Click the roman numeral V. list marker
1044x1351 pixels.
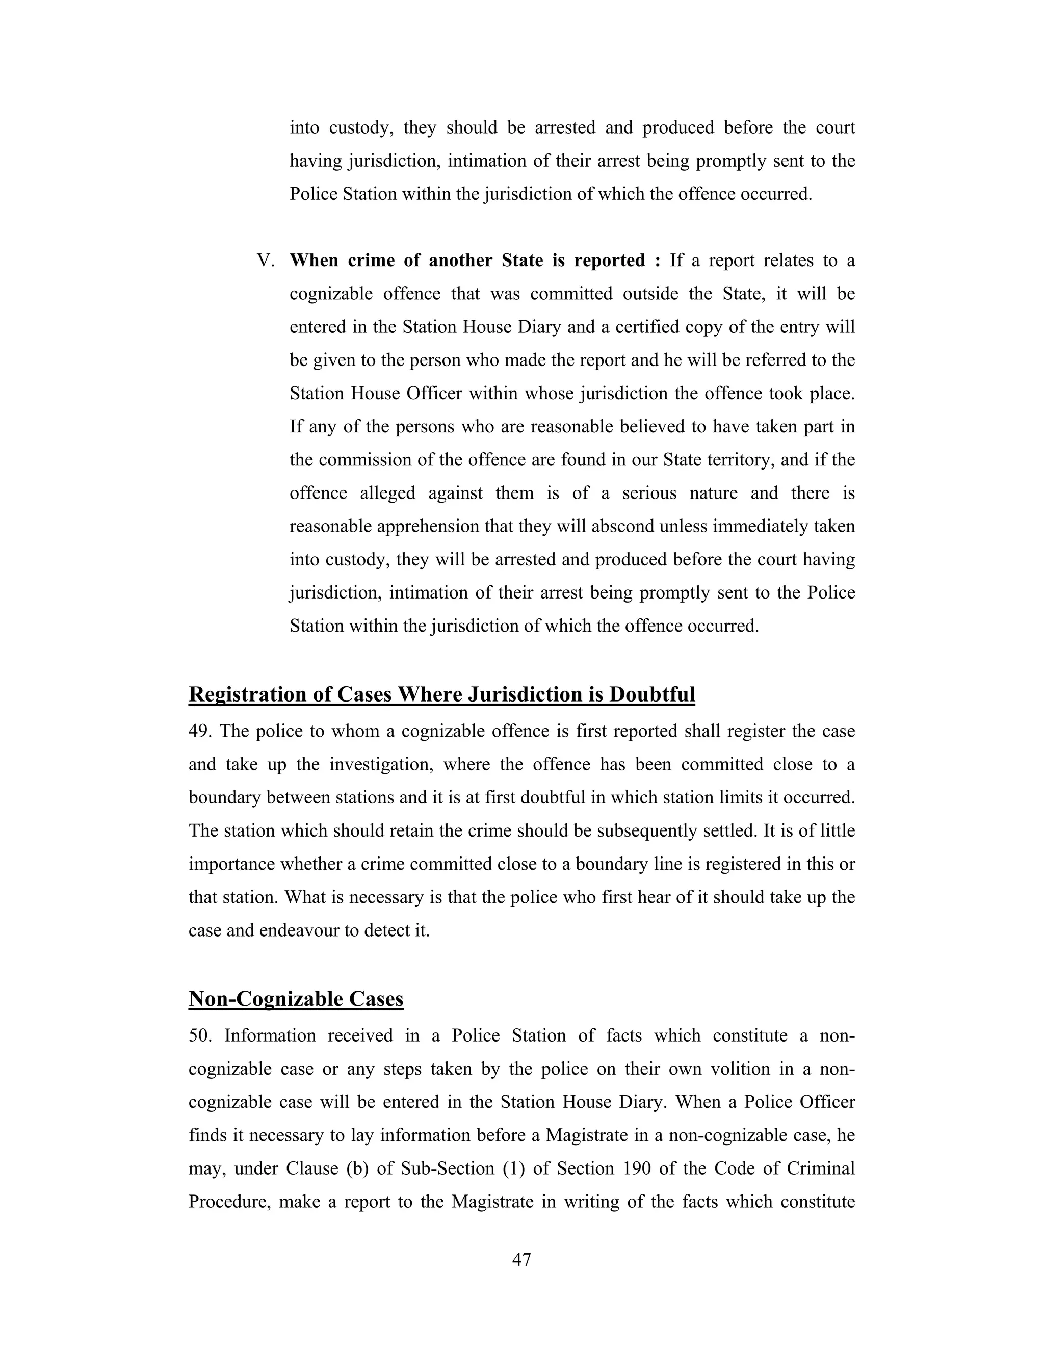(x=265, y=261)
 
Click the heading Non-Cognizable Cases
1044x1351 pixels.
(x=296, y=999)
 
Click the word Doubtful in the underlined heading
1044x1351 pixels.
(x=652, y=694)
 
